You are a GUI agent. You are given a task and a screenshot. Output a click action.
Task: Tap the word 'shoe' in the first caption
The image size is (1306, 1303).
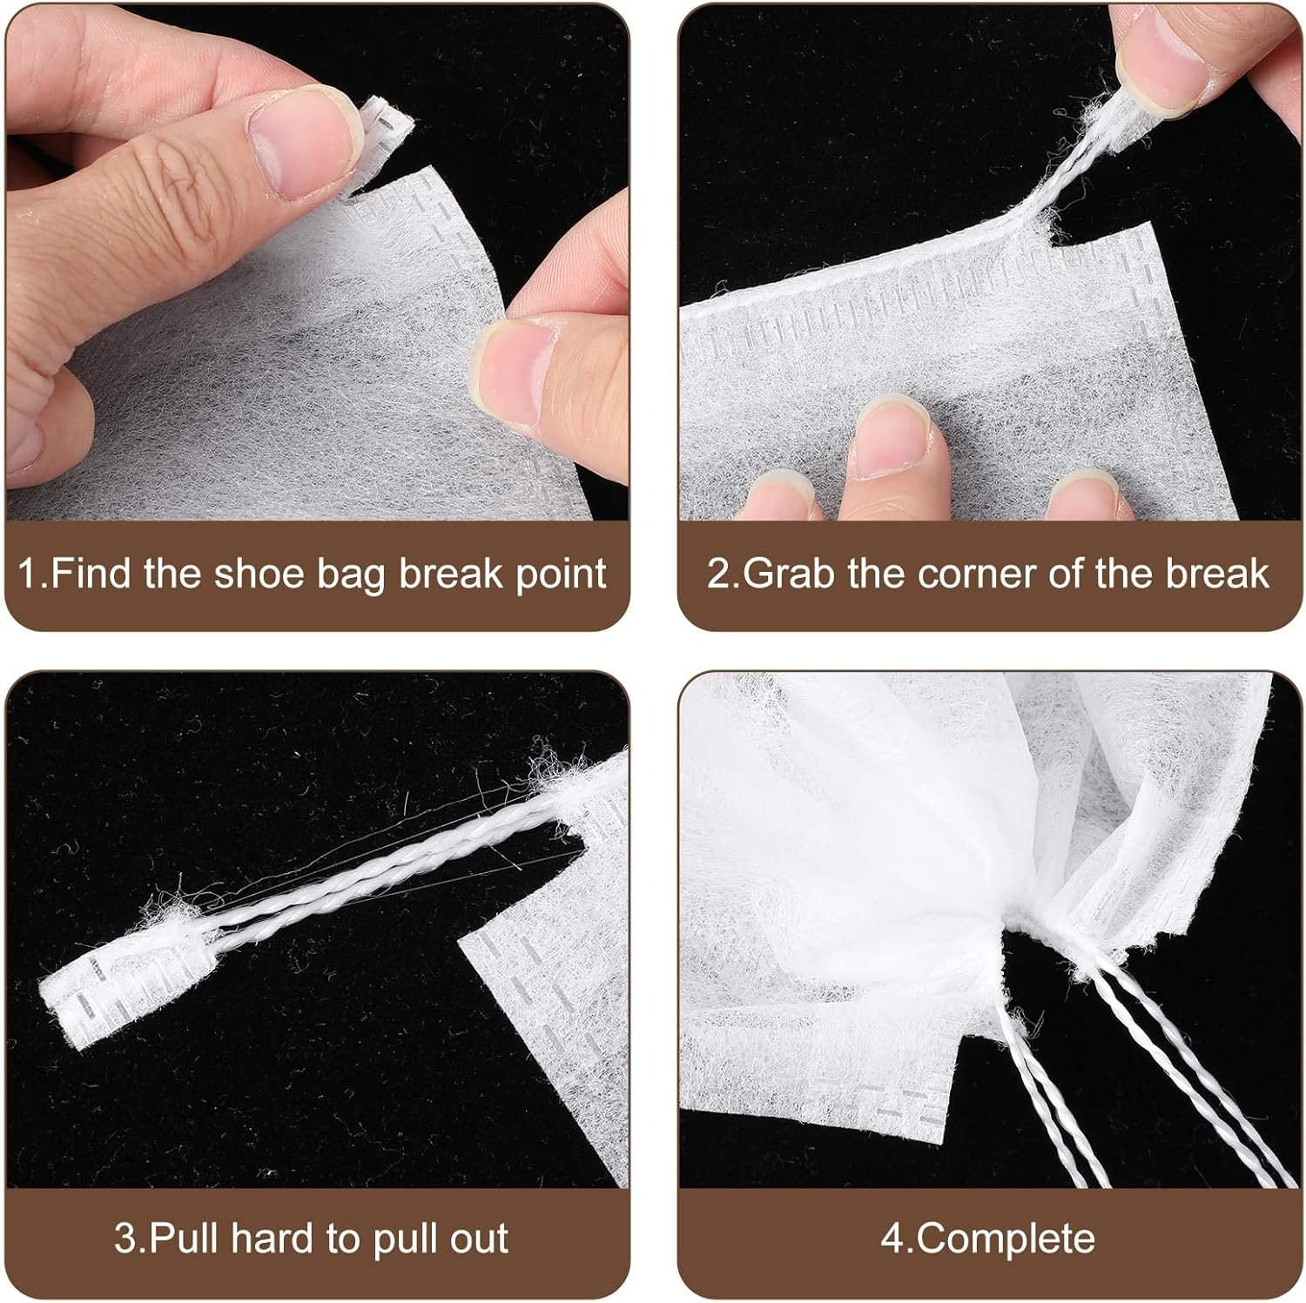pos(257,574)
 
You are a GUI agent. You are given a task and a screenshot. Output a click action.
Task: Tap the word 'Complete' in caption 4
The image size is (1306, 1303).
pos(1006,1238)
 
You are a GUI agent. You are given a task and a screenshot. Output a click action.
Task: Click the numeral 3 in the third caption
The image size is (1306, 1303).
pos(123,1238)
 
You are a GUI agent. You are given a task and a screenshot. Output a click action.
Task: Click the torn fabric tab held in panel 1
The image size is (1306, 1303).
pos(383,129)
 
